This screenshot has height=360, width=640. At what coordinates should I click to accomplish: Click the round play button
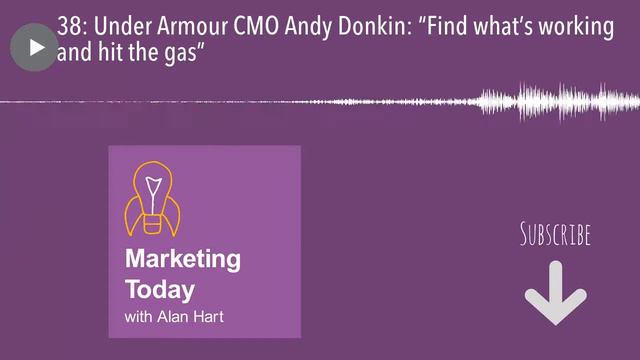click(34, 47)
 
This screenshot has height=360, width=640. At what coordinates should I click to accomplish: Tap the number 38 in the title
click(71, 26)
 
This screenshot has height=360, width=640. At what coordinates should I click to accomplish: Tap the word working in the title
click(575, 26)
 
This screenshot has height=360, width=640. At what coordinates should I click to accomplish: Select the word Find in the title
click(449, 26)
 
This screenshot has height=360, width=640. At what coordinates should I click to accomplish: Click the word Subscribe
click(555, 235)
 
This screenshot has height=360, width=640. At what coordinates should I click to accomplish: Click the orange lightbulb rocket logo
click(150, 196)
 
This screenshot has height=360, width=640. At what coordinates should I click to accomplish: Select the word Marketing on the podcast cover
click(183, 260)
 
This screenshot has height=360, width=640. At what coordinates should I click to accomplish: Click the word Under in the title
click(125, 26)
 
